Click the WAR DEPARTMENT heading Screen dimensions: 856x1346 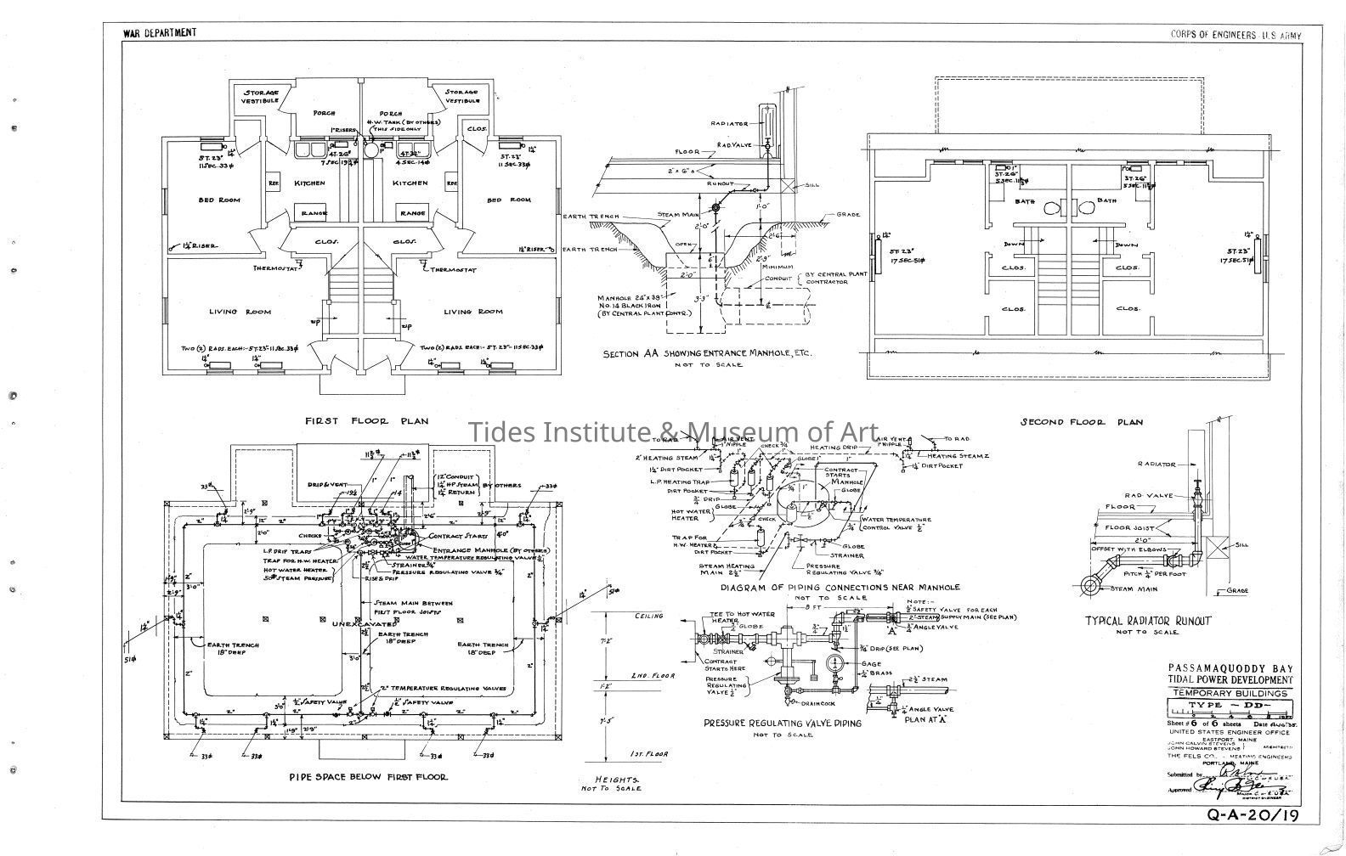[x=160, y=33]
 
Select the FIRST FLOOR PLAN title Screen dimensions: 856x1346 [x=366, y=420]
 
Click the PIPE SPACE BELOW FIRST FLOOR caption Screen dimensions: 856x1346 [x=368, y=776]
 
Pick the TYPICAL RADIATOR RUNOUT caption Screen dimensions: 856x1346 [x=1147, y=621]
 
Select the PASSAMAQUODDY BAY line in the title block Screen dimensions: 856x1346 [x=1230, y=667]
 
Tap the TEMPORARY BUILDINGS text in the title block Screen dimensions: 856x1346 [x=1230, y=693]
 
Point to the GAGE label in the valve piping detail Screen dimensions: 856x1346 [x=871, y=664]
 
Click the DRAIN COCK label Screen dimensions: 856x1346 [x=816, y=703]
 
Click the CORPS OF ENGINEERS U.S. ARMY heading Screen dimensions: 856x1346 [x=1234, y=35]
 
